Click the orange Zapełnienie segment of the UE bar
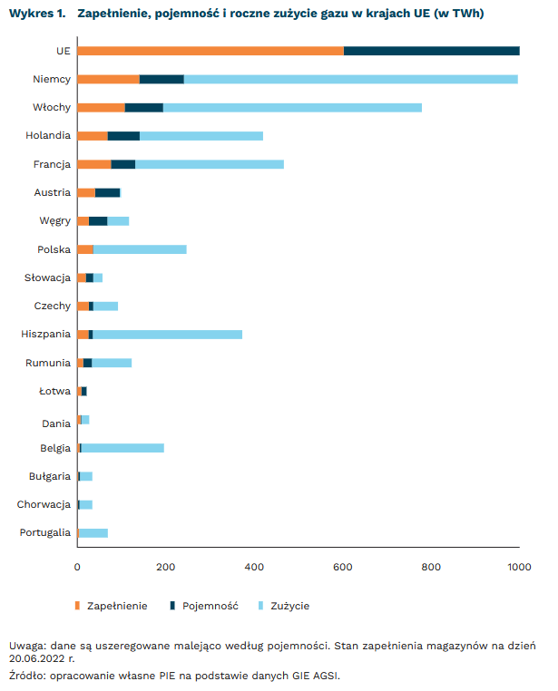210,51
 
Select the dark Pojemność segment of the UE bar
432,51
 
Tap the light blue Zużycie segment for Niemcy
350,79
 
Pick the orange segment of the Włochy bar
101,107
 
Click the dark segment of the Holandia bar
123,135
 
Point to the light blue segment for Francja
210,164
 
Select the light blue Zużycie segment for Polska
140,248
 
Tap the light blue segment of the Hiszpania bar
168,334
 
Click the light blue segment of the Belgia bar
122,447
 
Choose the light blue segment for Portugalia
93,532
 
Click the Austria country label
52,192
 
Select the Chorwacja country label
44,504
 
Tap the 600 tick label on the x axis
343,567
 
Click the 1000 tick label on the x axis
519,567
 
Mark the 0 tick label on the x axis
77,567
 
